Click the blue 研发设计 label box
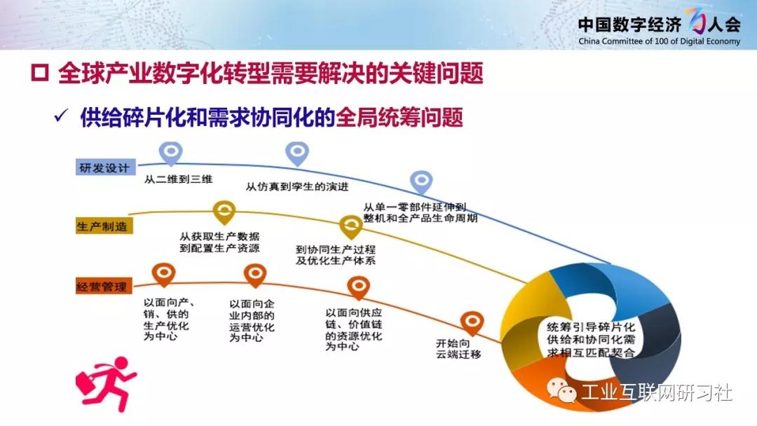(x=105, y=167)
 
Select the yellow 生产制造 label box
(x=103, y=226)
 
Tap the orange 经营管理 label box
(x=103, y=287)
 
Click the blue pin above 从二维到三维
(x=171, y=153)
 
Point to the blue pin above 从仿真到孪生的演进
(x=297, y=153)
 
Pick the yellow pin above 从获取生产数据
(x=224, y=212)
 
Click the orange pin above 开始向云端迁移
(x=472, y=323)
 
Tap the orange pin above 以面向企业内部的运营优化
(x=255, y=275)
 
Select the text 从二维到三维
(x=178, y=179)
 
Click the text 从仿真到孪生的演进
(x=297, y=186)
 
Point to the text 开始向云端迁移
(x=458, y=349)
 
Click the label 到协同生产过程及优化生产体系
(x=336, y=255)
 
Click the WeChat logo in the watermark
(x=561, y=390)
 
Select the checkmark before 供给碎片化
(x=61, y=116)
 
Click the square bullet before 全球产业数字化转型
(x=40, y=73)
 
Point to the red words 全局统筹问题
(x=400, y=117)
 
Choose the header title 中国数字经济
(x=629, y=24)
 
